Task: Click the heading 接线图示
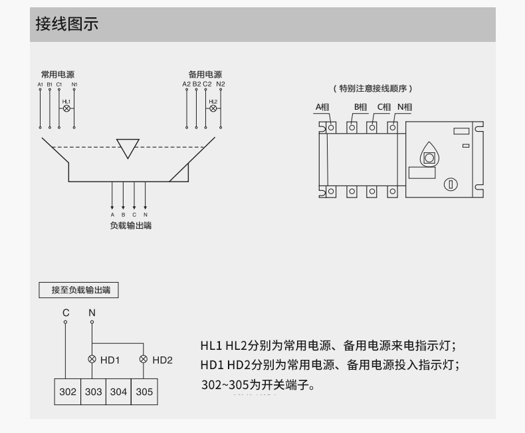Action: tap(66, 25)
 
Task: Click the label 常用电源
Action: tap(58, 74)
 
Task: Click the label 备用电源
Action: tap(205, 74)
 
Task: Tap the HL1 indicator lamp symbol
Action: tap(66, 108)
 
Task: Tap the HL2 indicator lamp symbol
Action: tap(213, 108)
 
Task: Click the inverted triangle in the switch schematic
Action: tap(128, 148)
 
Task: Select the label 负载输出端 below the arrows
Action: tap(130, 225)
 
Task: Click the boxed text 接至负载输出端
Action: tap(81, 290)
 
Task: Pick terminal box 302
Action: tap(68, 392)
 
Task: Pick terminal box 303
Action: tap(93, 392)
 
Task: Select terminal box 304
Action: tap(118, 392)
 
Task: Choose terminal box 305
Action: tap(144, 392)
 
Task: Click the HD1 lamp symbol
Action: tap(92, 360)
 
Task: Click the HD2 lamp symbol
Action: tap(144, 360)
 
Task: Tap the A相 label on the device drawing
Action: tap(322, 107)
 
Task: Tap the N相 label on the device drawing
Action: tap(405, 107)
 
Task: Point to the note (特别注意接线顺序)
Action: tap(373, 88)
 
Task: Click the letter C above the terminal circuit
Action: tap(66, 312)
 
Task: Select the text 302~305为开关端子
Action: tap(257, 384)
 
